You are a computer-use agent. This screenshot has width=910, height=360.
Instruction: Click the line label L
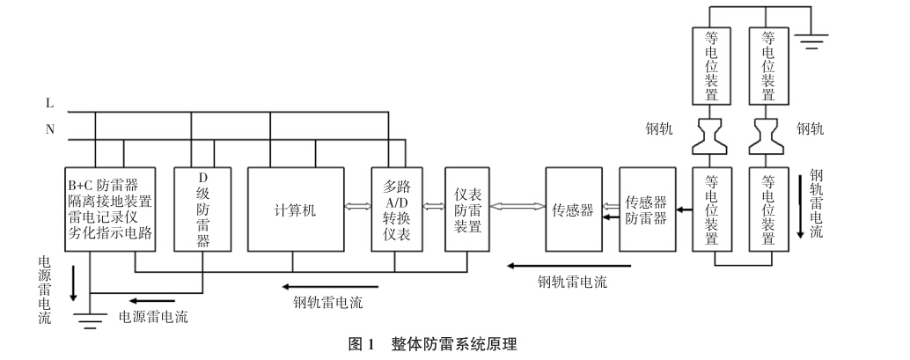[x=49, y=103]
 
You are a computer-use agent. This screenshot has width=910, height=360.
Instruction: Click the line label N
[x=49, y=129]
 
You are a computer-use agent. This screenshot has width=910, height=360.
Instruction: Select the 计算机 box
[x=296, y=210]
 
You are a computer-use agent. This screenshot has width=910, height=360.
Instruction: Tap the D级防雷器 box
[x=203, y=210]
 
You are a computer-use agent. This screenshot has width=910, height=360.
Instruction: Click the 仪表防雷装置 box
[x=466, y=210]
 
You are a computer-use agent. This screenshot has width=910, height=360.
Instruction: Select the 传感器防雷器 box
[x=646, y=210]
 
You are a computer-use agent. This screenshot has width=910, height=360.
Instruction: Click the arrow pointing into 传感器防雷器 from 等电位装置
[x=684, y=211]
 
